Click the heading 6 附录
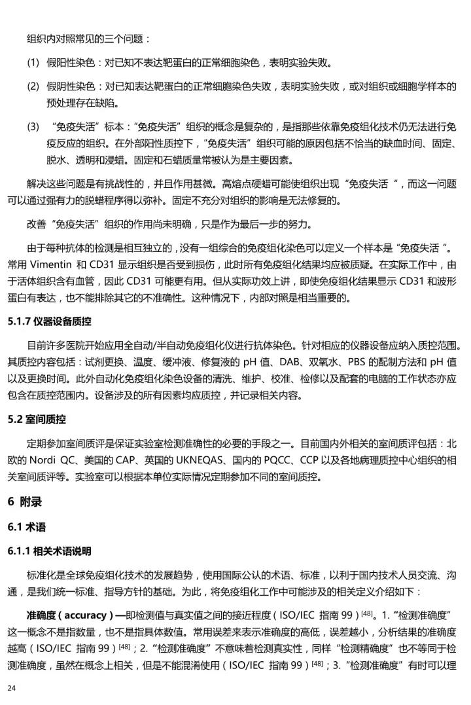click(25, 502)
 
